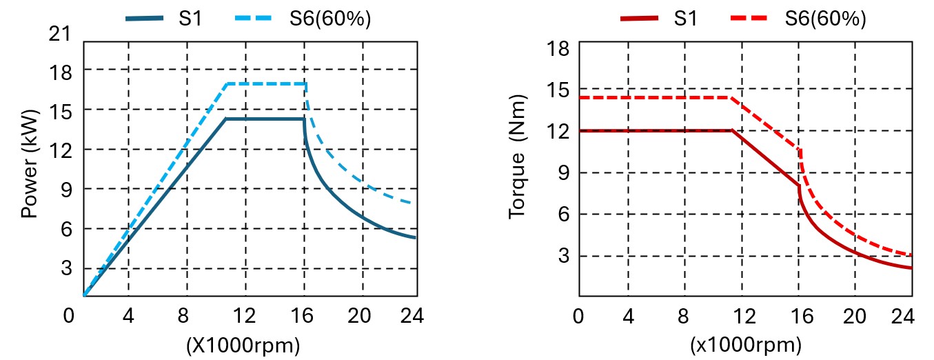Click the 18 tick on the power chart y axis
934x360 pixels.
63,70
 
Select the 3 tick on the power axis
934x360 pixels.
68,268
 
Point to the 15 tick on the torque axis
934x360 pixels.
559,90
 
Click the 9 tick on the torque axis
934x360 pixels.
564,172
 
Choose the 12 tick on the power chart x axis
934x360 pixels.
245,316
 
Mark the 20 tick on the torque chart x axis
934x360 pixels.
855,316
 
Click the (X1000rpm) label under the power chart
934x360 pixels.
243,345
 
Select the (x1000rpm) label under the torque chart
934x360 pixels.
744,345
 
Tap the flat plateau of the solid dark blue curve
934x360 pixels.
265,119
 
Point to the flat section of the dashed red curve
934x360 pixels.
655,98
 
